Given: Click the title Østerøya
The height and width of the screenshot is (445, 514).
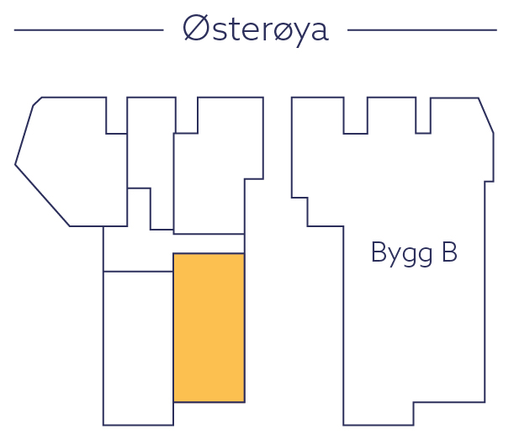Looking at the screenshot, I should click(x=255, y=30).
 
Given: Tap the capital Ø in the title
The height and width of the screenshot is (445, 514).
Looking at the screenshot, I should click(x=195, y=29).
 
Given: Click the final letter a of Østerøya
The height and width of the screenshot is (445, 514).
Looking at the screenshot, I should click(x=318, y=32).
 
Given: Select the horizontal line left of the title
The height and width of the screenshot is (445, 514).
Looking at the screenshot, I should click(x=88, y=30).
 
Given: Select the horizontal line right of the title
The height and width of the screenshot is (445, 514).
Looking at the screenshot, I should click(x=422, y=30).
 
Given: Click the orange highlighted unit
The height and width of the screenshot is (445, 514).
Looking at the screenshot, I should click(x=209, y=327).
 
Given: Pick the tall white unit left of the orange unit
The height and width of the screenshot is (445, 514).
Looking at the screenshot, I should click(x=138, y=347).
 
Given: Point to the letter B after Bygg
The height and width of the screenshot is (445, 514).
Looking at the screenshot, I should click(x=448, y=252).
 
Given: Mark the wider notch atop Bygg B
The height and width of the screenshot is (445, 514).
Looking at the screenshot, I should click(x=355, y=116).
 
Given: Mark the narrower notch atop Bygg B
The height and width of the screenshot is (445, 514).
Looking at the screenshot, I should click(x=423, y=116).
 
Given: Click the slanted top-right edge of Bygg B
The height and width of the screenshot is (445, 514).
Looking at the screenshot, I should click(x=486, y=115).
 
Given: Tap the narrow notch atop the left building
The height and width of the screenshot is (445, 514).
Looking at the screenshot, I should click(x=116, y=115).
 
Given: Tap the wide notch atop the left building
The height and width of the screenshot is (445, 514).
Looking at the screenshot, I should click(x=186, y=115).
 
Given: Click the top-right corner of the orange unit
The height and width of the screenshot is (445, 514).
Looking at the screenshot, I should click(x=244, y=254).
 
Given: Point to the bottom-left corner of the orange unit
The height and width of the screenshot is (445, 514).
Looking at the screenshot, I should click(x=173, y=401).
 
